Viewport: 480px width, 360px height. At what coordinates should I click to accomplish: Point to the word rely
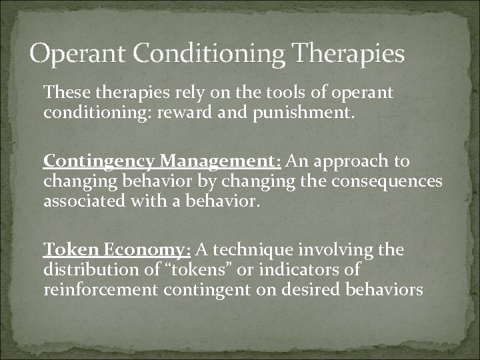tap(171, 92)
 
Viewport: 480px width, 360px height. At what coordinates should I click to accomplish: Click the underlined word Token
tap(64, 250)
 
